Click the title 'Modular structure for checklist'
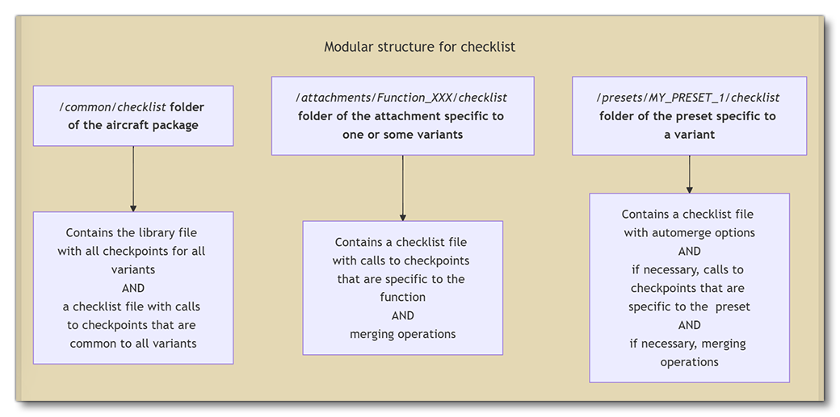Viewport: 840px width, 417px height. [x=419, y=47]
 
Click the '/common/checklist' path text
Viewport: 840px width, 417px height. [x=114, y=106]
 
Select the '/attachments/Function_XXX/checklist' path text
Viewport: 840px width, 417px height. [x=402, y=98]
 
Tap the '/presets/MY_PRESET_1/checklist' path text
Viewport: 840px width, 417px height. [x=688, y=98]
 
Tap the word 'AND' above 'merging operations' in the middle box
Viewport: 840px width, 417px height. [x=402, y=315]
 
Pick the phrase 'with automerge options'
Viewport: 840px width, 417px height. [x=689, y=232]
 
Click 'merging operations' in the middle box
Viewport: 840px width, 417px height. [x=402, y=334]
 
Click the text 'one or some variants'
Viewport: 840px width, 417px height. [x=402, y=135]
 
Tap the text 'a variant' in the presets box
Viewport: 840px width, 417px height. [x=689, y=135]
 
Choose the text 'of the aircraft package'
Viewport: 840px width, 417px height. [x=133, y=125]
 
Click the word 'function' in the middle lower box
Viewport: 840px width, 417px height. [x=402, y=297]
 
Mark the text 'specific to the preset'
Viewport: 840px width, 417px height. [x=689, y=306]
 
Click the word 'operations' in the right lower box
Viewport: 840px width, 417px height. [x=689, y=362]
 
